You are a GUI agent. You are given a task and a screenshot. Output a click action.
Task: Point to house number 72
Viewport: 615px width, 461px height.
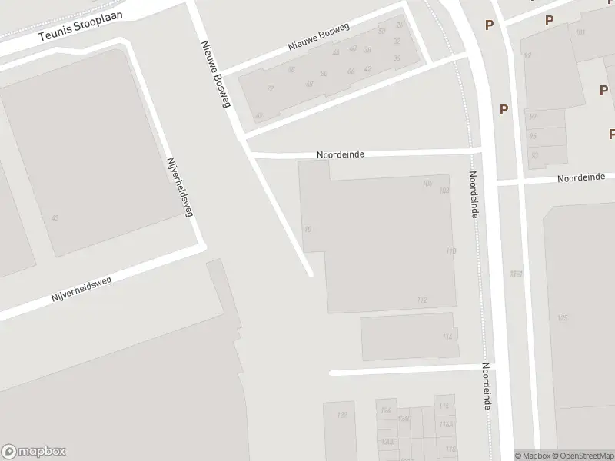[270, 88]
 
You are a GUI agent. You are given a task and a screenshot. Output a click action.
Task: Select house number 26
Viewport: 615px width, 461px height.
[398, 25]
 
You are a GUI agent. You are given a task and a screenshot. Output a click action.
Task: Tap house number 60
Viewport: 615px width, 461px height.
[353, 48]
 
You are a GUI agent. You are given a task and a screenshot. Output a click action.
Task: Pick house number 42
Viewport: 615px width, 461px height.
[367, 68]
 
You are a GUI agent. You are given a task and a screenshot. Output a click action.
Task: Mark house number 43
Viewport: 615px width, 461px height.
[54, 218]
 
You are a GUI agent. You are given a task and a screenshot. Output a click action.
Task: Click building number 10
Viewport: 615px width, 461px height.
[308, 229]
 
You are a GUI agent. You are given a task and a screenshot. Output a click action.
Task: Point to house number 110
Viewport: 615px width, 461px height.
[450, 251]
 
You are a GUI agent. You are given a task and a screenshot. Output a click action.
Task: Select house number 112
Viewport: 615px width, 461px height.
[421, 300]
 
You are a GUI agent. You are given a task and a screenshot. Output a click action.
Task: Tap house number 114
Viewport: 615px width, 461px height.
[447, 337]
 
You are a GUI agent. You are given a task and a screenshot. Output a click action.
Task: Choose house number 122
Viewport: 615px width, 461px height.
[342, 416]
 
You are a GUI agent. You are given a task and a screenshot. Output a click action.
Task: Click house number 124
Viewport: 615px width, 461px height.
[385, 410]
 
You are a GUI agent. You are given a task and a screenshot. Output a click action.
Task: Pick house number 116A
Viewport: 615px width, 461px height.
[444, 425]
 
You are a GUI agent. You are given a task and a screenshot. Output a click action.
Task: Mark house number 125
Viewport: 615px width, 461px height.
[563, 317]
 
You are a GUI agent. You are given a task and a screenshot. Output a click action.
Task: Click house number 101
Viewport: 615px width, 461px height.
[580, 32]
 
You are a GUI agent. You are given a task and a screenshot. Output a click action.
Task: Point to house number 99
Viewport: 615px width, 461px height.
[527, 55]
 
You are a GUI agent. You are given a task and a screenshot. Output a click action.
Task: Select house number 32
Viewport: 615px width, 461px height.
[382, 32]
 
